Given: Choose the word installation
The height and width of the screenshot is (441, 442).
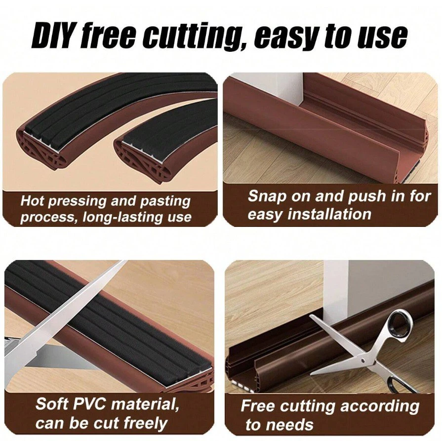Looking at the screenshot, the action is (x=329, y=214).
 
